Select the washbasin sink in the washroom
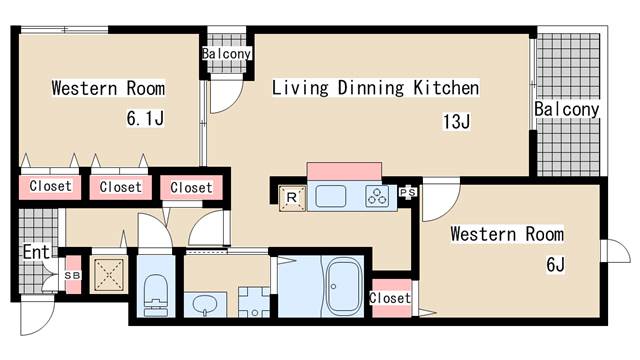pos(205,304)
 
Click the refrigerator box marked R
pos(292,198)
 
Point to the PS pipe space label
pos(408,192)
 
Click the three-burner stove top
pos(377,196)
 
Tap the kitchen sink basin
pos(331,196)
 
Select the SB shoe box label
pos(73,276)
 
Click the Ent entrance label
pos(36,252)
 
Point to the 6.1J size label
pos(145,118)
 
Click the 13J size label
pos(456,121)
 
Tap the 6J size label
pos(555,265)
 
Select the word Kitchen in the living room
pos(446,88)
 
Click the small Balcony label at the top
pos(226,53)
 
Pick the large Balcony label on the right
pos(567,109)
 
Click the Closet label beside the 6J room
pos(390,298)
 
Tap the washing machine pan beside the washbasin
pos(254,302)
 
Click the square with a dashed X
pos(109,274)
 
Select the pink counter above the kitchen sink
pos(344,171)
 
